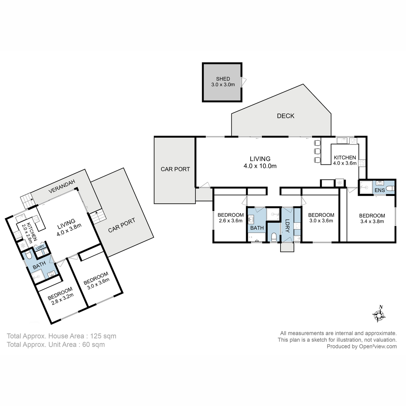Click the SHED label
(223, 79)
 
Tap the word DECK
(286, 116)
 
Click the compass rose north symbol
(379, 315)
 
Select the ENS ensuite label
(380, 190)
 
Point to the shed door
(244, 82)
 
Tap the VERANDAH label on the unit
(62, 186)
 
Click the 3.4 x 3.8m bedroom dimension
(372, 221)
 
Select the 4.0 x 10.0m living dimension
(260, 166)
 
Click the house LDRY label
(287, 226)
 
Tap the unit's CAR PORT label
(121, 225)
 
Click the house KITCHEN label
(345, 157)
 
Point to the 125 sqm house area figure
(103, 336)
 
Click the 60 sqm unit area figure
(93, 345)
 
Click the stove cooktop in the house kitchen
(362, 163)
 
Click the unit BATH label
(39, 265)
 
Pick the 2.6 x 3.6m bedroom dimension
(230, 221)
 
